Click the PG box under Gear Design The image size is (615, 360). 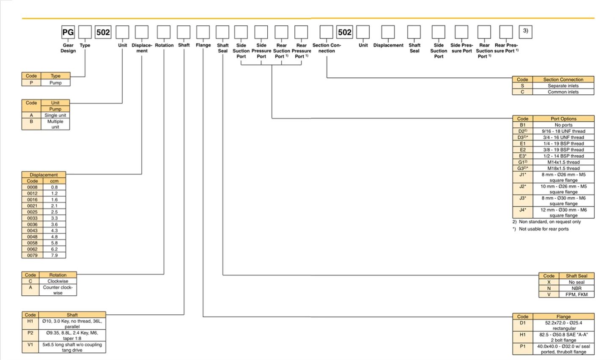tap(68, 32)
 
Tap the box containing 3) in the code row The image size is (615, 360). tap(525, 31)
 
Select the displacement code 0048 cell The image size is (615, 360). tap(32, 237)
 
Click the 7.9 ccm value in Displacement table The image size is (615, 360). tap(55, 256)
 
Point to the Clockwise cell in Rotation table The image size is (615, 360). tap(58, 281)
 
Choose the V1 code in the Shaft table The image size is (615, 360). tap(30, 345)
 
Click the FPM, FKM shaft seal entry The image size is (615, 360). tap(577, 294)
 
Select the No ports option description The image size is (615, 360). tap(563, 125)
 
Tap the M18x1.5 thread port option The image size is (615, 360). tap(563, 168)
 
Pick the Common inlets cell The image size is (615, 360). tap(563, 92)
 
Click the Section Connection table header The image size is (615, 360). tap(563, 80)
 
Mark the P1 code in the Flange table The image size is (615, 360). tap(523, 346)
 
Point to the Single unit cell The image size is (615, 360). tap(55, 115)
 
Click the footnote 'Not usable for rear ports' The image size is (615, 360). tap(544, 229)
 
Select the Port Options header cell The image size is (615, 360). tap(563, 119)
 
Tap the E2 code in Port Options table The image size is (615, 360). tap(523, 150)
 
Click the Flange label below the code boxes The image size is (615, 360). tap(203, 45)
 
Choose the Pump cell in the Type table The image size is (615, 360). tap(55, 83)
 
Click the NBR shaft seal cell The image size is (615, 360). tap(577, 288)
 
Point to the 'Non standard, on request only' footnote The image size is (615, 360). tap(549, 222)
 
